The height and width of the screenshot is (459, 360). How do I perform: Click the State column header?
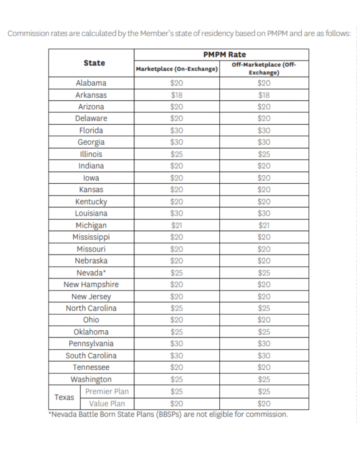tap(94, 63)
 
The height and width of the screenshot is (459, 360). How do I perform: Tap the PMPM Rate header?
tap(225, 54)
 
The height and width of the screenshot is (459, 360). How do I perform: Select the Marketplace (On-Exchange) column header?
tap(177, 69)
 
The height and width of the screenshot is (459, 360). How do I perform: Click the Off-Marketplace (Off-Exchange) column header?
tap(264, 69)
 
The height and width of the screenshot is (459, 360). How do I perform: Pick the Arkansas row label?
tap(91, 95)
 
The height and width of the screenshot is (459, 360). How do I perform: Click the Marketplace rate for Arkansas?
tap(177, 95)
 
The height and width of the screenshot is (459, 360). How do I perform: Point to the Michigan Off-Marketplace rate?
tap(264, 225)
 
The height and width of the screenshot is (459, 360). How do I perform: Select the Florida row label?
tap(91, 130)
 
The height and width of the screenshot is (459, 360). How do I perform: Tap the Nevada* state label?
tap(91, 273)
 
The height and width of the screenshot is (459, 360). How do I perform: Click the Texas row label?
tap(64, 397)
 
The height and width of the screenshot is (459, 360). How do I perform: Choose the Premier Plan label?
tap(107, 391)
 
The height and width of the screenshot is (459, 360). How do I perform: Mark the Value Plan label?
tap(107, 403)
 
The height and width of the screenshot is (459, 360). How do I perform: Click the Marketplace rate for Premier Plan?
tap(177, 391)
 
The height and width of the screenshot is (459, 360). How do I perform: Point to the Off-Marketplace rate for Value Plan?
tap(264, 403)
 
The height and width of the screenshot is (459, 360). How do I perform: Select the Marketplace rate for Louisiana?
tap(177, 213)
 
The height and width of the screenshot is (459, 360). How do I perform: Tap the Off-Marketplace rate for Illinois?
tap(264, 154)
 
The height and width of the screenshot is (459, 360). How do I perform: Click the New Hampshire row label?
tap(91, 284)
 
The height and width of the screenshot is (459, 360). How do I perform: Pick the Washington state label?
tap(91, 379)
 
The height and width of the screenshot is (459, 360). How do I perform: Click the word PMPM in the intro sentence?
tap(274, 34)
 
